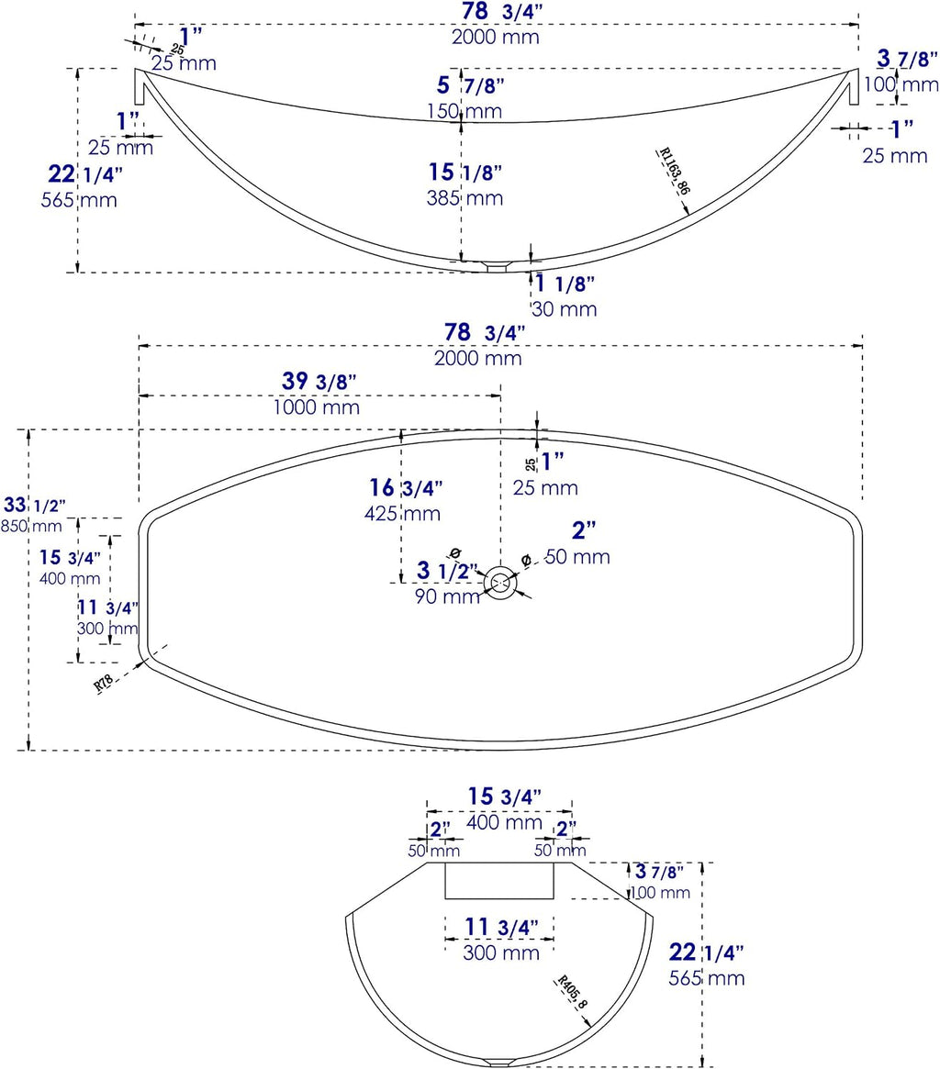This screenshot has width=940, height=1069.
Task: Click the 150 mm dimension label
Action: click(x=464, y=110)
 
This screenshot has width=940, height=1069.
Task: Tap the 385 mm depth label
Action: click(x=464, y=197)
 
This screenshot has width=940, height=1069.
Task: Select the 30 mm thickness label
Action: click(x=565, y=309)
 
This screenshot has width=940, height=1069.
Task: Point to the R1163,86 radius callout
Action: click(x=674, y=171)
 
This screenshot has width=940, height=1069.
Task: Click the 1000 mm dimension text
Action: click(x=317, y=407)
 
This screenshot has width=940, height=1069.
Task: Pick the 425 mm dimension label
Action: click(x=402, y=513)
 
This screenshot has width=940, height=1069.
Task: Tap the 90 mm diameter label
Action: click(x=447, y=596)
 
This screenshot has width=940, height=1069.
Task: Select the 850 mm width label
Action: click(x=31, y=526)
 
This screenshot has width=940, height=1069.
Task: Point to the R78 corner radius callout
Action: click(x=104, y=683)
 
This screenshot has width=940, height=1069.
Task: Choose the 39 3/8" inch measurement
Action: click(x=319, y=381)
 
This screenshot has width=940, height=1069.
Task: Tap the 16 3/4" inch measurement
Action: click(x=406, y=487)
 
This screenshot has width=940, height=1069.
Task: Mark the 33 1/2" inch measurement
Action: click(x=35, y=506)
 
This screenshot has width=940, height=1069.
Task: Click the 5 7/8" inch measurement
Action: click(x=471, y=85)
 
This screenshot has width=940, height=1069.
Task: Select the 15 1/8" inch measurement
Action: click(x=465, y=172)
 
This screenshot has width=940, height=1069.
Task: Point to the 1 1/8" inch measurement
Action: click(x=565, y=283)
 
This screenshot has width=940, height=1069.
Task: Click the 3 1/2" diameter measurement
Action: click(x=445, y=570)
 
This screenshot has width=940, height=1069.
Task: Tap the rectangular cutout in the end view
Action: click(x=499, y=881)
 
